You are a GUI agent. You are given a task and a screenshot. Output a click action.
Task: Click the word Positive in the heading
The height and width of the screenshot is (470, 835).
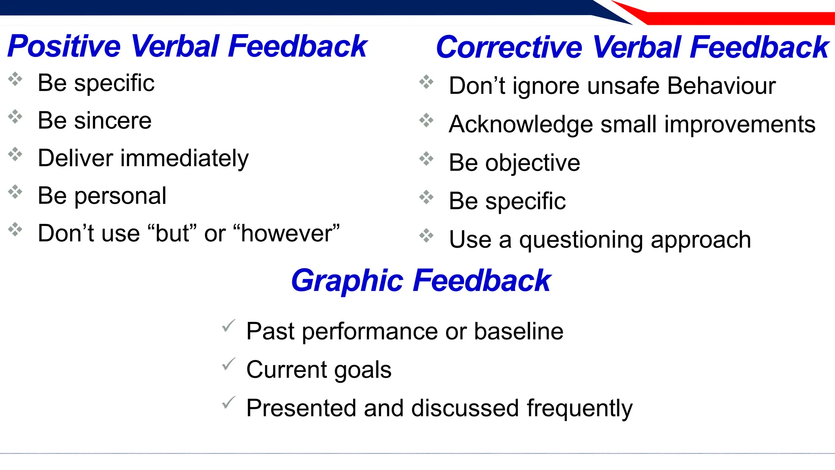coord(64,46)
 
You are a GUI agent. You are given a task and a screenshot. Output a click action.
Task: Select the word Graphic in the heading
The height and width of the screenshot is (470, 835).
coord(347,281)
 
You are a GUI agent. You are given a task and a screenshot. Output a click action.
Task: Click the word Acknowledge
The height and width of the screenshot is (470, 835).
coord(521,124)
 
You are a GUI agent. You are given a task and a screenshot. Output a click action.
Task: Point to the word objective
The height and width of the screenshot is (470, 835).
coord(532,163)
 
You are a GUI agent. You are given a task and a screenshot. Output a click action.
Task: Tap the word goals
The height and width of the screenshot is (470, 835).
coord(362,370)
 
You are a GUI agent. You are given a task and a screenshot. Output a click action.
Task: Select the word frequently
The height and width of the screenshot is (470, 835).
coord(579,408)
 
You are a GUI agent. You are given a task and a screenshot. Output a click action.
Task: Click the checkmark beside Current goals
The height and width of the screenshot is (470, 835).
coord(228,364)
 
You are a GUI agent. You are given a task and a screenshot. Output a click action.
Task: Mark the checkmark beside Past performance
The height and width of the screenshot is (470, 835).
coord(228,326)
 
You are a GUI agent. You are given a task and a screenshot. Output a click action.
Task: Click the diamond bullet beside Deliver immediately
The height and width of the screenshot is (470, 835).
coord(15,154)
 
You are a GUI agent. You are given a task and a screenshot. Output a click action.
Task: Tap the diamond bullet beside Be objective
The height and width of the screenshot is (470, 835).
coord(426,159)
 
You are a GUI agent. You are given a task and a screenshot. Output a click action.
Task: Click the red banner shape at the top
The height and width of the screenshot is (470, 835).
coord(734,18)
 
